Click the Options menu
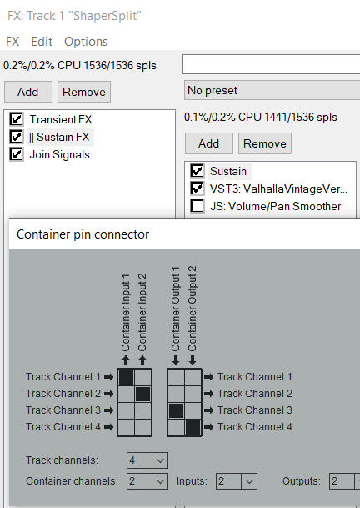click(x=86, y=42)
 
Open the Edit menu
click(x=42, y=42)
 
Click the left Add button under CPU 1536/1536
click(x=28, y=92)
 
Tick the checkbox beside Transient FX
click(x=16, y=119)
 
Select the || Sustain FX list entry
click(x=59, y=137)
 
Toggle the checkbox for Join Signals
click(x=16, y=154)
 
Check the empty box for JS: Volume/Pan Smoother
click(x=197, y=206)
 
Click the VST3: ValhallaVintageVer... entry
click(x=278, y=189)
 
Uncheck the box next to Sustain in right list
click(x=197, y=171)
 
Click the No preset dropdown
click(x=272, y=90)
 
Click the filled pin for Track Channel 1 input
click(x=127, y=377)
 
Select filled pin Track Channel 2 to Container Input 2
click(x=143, y=394)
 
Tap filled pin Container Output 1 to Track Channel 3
click(x=176, y=410)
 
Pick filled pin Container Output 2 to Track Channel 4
click(x=193, y=427)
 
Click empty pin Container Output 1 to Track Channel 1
click(x=176, y=377)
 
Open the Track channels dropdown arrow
click(x=160, y=460)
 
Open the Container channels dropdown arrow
click(x=160, y=481)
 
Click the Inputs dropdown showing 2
click(x=237, y=481)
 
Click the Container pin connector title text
click(x=82, y=234)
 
